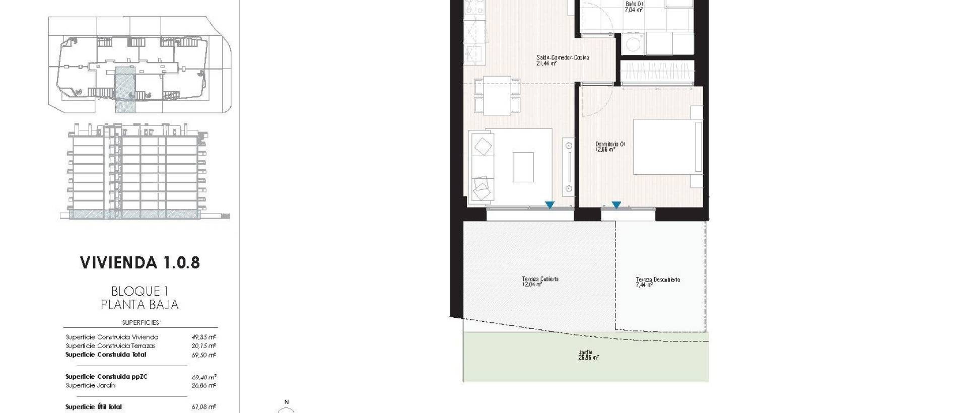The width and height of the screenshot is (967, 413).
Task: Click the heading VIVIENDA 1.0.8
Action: [x=140, y=262]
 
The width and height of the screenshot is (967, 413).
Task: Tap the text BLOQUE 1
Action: [x=140, y=291]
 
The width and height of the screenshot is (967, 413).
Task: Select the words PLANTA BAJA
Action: [x=140, y=305]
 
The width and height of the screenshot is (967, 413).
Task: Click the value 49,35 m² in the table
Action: [x=204, y=337]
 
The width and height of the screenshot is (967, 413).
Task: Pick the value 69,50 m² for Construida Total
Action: [x=204, y=355]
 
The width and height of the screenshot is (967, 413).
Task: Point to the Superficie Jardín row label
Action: [x=91, y=385]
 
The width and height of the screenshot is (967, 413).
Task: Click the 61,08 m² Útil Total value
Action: [x=204, y=407]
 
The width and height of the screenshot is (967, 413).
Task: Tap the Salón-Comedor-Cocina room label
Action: [x=563, y=57]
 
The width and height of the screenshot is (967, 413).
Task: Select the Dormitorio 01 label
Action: [x=610, y=145]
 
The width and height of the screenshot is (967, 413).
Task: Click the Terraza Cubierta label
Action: [x=540, y=279]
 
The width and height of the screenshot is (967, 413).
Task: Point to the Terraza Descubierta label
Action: [x=658, y=280]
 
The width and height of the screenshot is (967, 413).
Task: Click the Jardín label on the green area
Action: [x=586, y=353]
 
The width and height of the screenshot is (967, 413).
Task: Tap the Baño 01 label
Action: [x=634, y=4]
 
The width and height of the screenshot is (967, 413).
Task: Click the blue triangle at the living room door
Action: [x=549, y=205]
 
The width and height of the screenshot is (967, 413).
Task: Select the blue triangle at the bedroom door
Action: [x=616, y=205]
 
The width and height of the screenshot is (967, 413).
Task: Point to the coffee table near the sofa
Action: [x=523, y=167]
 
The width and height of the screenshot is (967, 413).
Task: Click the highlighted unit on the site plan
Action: [x=125, y=89]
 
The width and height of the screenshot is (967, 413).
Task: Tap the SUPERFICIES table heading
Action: [x=141, y=322]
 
